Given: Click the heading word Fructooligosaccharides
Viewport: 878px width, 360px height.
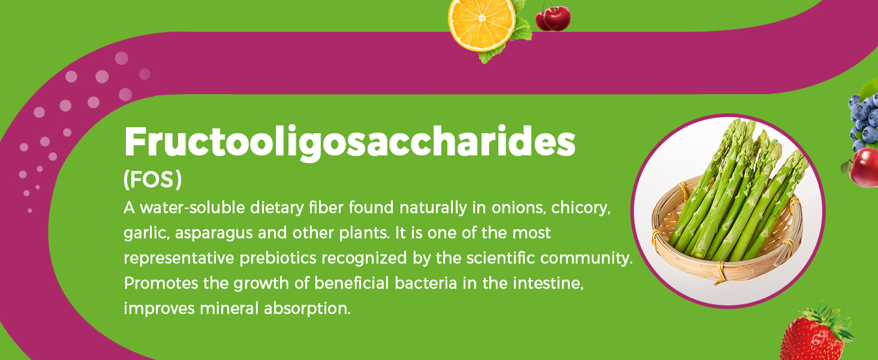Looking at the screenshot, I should coord(349,143).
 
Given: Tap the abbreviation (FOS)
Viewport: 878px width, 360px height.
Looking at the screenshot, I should coord(152,180).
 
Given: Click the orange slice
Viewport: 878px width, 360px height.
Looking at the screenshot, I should coord(482,24).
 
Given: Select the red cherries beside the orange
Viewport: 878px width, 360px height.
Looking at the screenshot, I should coord(553,18).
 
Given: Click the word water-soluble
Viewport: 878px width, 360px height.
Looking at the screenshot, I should coord(186,209).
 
